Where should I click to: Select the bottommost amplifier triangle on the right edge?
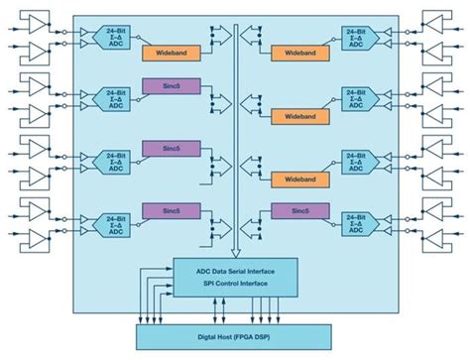pyautogui.click(x=435, y=239)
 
